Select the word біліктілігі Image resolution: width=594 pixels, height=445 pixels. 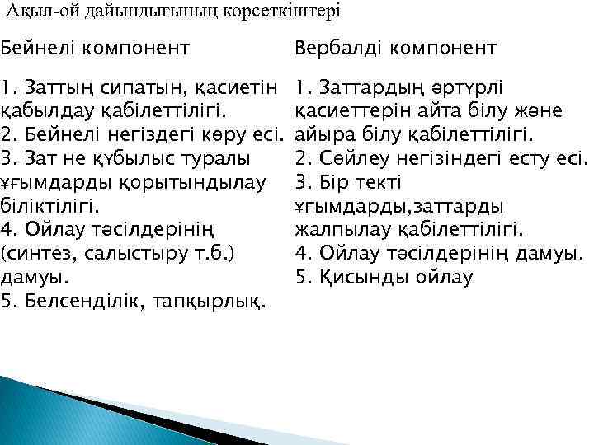click(x=50, y=203)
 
